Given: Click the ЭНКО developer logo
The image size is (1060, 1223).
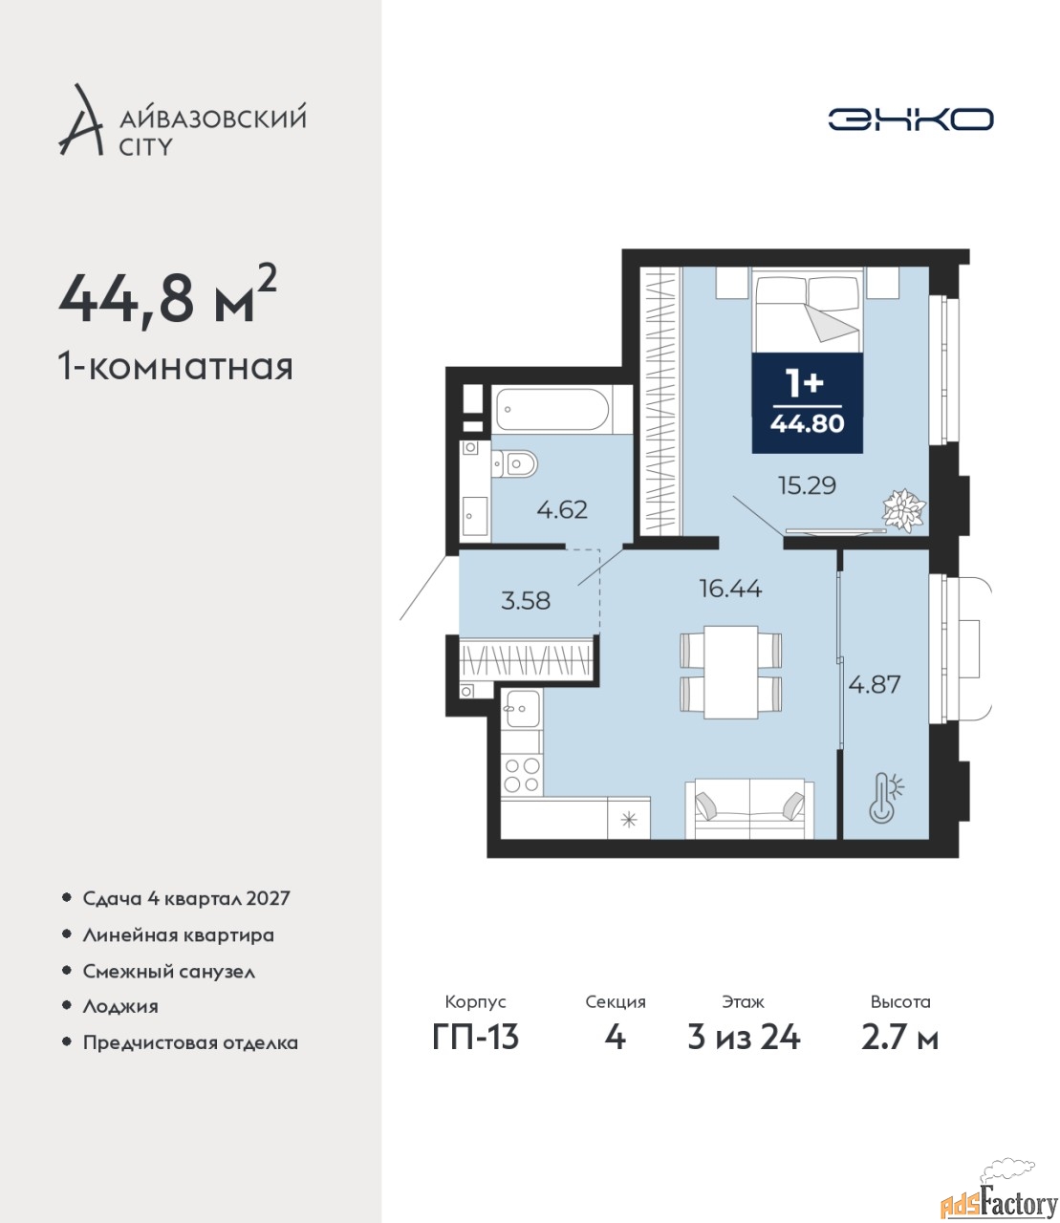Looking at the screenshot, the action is click(910, 118).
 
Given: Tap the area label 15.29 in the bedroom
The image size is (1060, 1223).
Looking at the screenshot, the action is click(807, 485).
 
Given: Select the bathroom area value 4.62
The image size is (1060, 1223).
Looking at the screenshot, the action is click(562, 509).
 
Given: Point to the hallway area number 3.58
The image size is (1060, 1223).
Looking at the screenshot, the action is click(526, 601).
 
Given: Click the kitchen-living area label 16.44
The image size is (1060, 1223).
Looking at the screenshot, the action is click(730, 589).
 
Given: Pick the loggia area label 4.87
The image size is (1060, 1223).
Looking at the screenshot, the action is click(875, 684).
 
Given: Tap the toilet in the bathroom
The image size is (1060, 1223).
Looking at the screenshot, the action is click(514, 463).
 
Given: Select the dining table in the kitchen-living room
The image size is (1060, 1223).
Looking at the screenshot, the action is click(731, 672).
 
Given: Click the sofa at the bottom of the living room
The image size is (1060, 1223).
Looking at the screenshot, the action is click(749, 809).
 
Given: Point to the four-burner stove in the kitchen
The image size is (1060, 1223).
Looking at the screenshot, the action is click(522, 775).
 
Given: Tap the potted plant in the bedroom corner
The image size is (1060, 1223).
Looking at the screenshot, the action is click(904, 509).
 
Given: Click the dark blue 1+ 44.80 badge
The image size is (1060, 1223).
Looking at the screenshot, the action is click(808, 403).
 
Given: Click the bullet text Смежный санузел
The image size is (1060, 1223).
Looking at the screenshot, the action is click(168, 972).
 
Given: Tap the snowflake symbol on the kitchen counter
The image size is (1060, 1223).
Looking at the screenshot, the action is click(629, 820).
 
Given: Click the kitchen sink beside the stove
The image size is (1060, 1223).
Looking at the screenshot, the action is click(522, 708).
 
